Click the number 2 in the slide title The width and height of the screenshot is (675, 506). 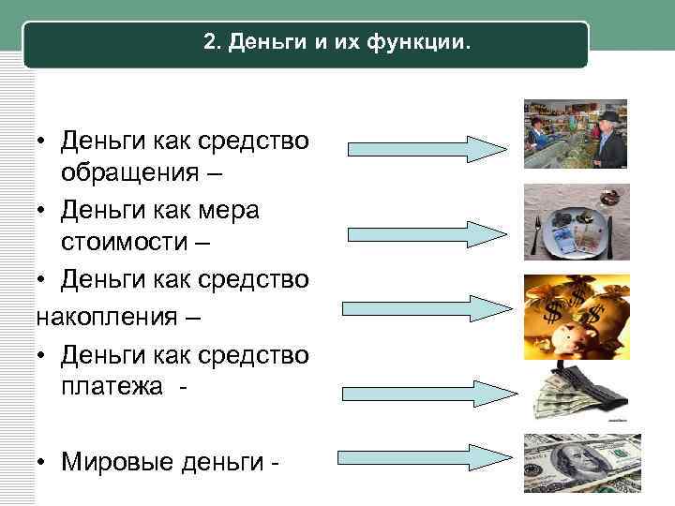208,44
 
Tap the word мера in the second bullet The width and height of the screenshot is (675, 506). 226,208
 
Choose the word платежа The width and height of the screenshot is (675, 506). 112,384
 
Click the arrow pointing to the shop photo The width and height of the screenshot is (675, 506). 427,148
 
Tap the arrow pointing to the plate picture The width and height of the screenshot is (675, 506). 427,232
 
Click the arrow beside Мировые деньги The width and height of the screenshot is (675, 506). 427,458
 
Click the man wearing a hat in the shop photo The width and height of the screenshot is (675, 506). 607,141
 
